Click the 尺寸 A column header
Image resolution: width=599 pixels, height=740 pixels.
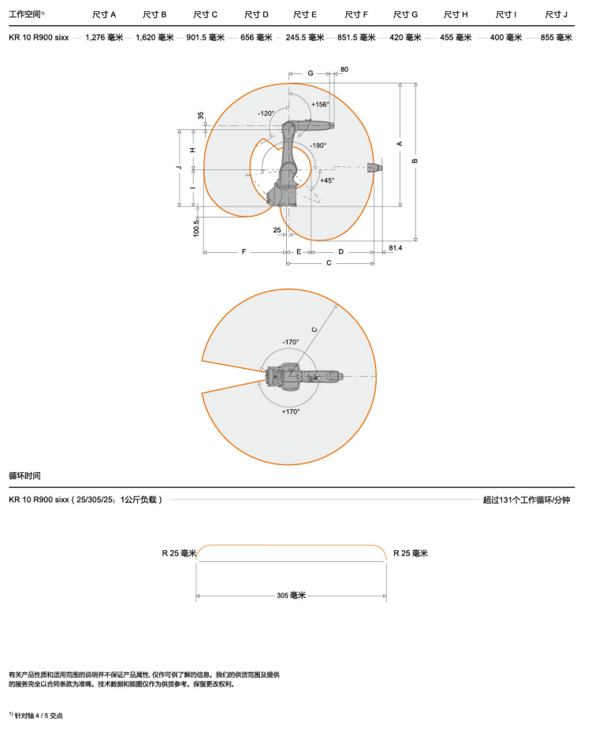[x=104, y=15]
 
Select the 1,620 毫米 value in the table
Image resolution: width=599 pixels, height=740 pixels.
[x=154, y=37]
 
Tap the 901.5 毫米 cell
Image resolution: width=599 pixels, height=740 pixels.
[x=206, y=37]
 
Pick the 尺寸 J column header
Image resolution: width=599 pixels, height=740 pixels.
[x=556, y=15]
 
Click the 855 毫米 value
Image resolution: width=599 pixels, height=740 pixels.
[x=556, y=37]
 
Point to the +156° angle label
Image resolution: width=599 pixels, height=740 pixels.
[x=320, y=104]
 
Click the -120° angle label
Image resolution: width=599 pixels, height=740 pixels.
[x=266, y=113]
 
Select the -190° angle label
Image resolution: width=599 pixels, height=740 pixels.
[x=318, y=145]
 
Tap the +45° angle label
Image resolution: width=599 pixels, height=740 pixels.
[x=327, y=180]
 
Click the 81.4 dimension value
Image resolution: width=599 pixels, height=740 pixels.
[x=396, y=247]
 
